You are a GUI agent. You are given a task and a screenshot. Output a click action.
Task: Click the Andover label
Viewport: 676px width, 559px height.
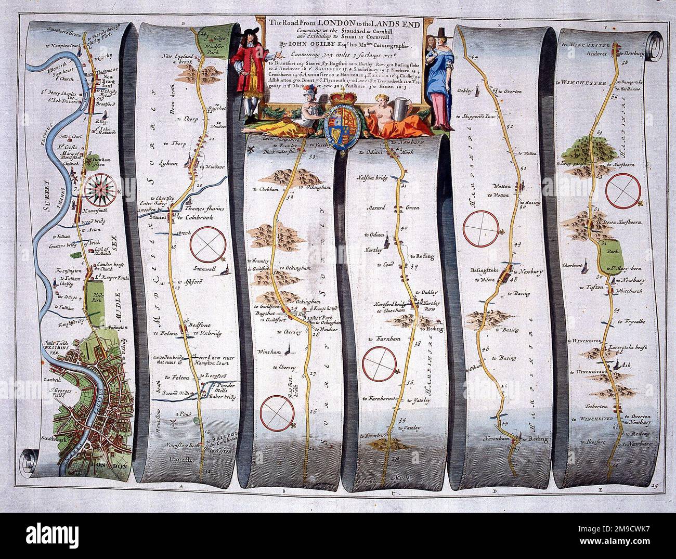click(600, 52)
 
